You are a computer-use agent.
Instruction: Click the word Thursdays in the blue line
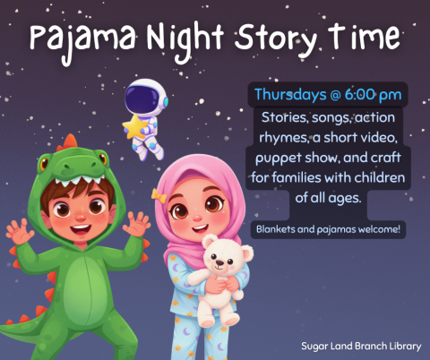point(291,94)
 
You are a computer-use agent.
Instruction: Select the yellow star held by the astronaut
point(135,128)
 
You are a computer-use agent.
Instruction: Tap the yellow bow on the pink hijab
point(159,193)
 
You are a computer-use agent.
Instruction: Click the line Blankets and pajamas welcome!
point(328,229)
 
